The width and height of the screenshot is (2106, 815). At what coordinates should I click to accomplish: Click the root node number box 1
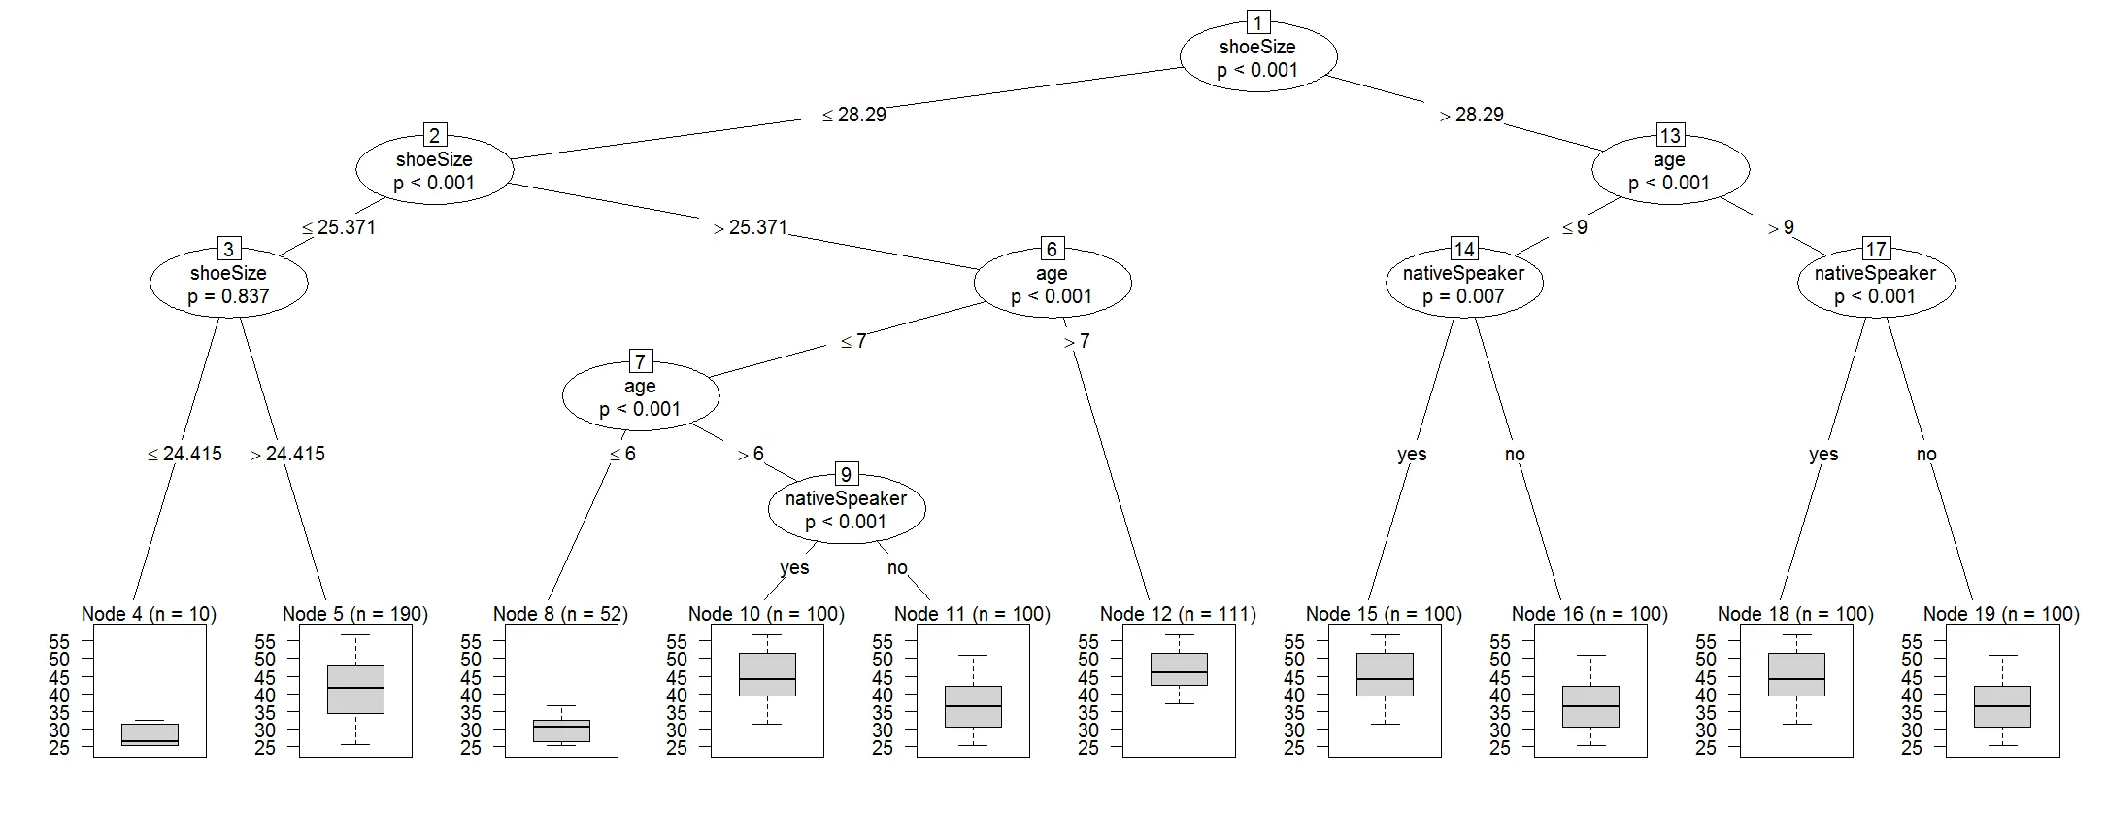point(1258,21)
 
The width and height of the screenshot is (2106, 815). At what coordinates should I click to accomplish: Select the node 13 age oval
point(1670,171)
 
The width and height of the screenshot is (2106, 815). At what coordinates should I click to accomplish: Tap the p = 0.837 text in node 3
point(228,296)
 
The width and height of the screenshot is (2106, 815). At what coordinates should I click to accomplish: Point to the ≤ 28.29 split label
point(854,115)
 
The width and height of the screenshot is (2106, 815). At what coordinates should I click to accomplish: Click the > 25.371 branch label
point(751,227)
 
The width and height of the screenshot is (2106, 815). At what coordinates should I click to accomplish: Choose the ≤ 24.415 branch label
point(185,454)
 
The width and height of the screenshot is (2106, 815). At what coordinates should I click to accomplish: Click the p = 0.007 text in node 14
point(1463,296)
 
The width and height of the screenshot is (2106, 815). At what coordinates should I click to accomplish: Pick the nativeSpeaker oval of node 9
point(846,510)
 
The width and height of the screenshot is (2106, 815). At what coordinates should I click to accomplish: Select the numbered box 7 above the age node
point(640,361)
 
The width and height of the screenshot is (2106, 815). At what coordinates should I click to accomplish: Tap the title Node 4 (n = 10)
point(149,614)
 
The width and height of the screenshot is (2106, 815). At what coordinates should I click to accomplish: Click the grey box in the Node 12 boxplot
point(1179,669)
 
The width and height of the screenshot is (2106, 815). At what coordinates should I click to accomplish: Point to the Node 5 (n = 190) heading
point(354,614)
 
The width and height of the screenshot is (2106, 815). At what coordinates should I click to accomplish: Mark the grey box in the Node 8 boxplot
point(561,730)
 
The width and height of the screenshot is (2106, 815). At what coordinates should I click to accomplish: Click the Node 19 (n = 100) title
point(2001,614)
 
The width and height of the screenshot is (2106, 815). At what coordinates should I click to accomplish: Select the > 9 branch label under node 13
point(1782,227)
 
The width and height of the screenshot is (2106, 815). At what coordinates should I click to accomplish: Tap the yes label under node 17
point(1823,454)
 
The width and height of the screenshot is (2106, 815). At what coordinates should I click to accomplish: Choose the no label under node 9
point(897,567)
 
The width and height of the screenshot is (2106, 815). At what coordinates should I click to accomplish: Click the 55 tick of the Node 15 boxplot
point(1293,641)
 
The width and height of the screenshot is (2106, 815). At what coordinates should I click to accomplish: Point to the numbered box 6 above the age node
point(1052,249)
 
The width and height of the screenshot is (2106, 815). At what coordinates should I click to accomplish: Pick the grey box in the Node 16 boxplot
point(1590,706)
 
